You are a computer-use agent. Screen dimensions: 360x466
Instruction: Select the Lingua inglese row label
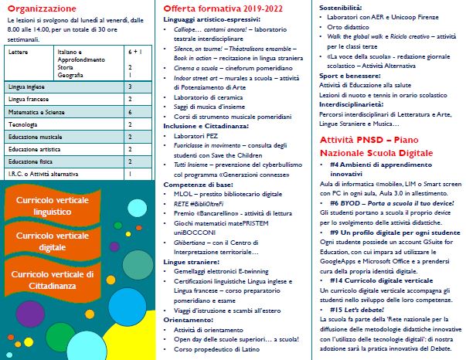[x=26, y=87]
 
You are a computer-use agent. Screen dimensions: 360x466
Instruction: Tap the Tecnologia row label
[x=22, y=124]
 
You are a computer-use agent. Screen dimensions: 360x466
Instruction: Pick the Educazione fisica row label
[x=29, y=161]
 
